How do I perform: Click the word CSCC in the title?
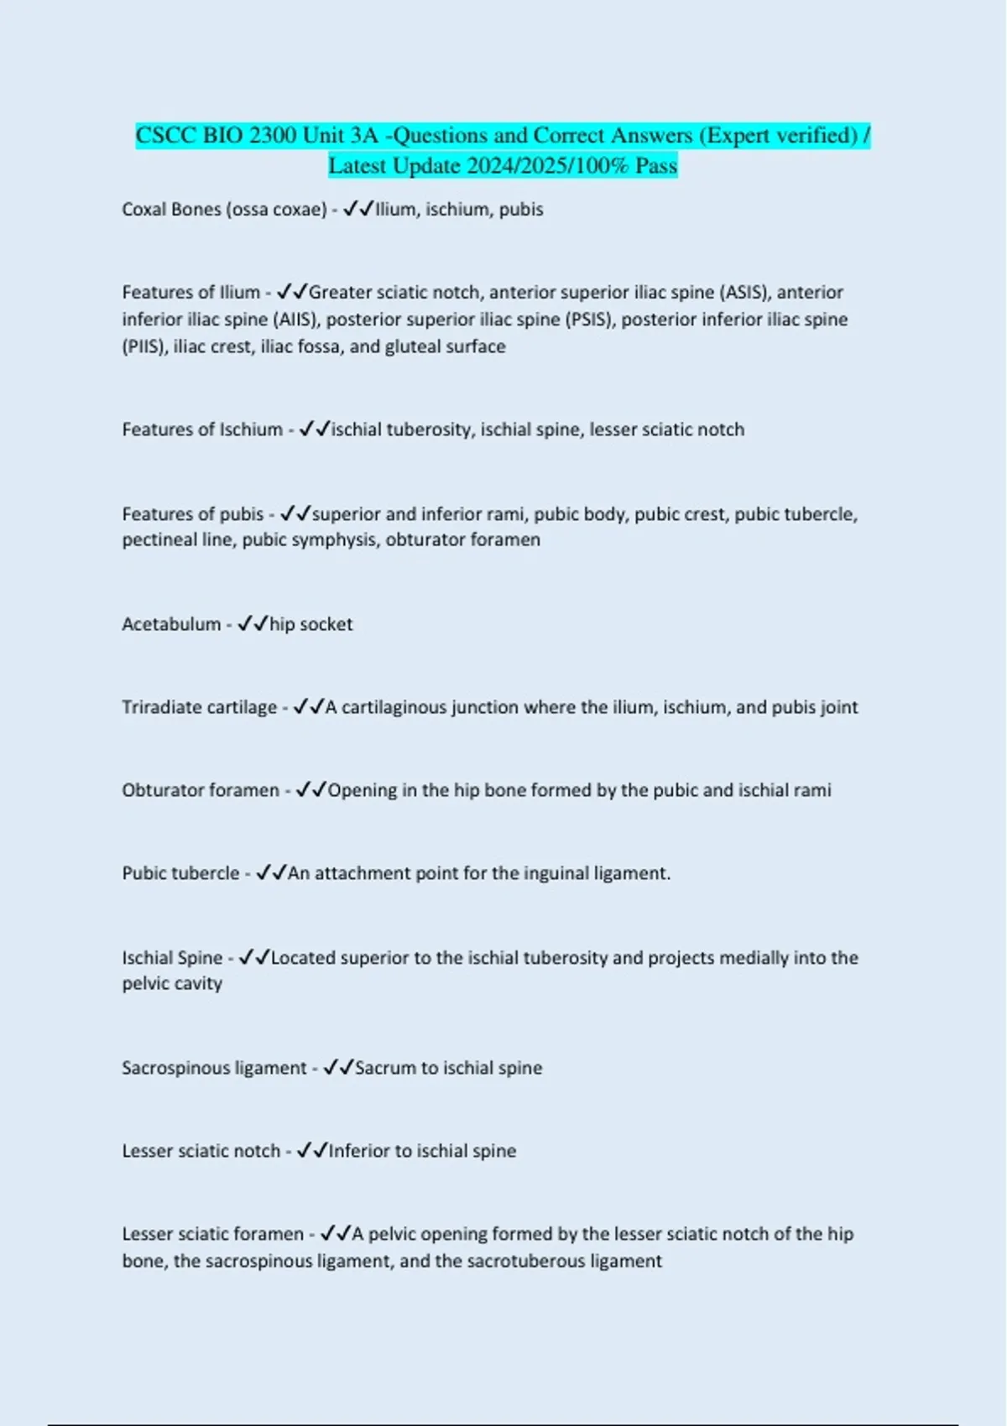pos(166,135)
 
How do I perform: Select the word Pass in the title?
pos(656,165)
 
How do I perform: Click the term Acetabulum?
pos(171,624)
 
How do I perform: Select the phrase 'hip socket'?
pos(310,624)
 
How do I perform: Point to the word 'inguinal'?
pos(556,873)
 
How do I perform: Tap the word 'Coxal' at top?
pos(143,209)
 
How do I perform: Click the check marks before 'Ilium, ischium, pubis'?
pos(358,209)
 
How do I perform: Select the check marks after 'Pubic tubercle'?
pos(271,873)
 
